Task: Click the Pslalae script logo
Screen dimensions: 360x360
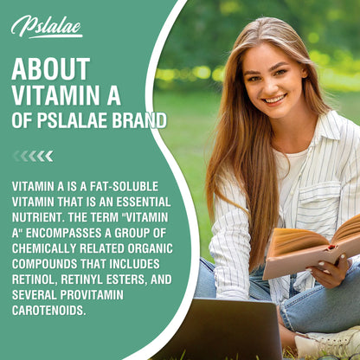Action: pos(47,27)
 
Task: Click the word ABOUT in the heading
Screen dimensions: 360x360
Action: pos(50,69)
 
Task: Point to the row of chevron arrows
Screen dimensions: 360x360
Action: pos(33,156)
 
